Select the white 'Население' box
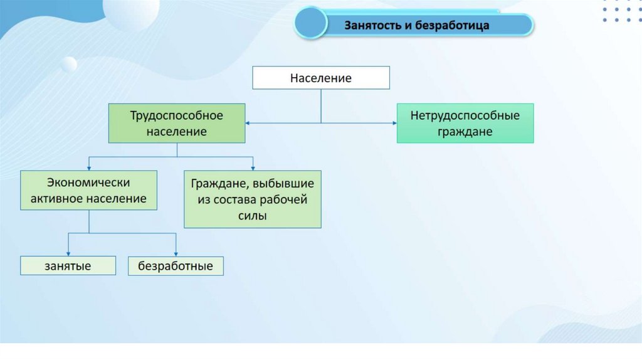pos(321,78)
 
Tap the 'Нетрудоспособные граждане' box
pos(465,124)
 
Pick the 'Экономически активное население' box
pos(88,190)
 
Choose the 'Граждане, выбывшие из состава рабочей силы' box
pos(253,199)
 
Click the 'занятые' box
pos(68,266)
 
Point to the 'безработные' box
pos(176,266)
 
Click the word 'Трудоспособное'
pos(177,116)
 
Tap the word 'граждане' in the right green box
pos(465,132)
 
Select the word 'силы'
pos(253,216)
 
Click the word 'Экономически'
pos(88,183)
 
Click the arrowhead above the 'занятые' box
pos(68,253)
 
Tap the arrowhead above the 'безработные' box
pos(176,253)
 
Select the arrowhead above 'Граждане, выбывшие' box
pos(253,167)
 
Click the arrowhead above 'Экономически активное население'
pos(88,167)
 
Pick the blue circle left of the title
pos(311,24)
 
